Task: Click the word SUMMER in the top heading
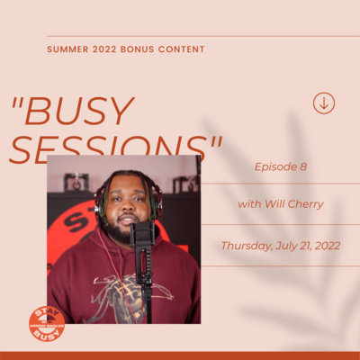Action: pyautogui.click(x=67, y=49)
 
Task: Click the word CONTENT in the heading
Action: pyautogui.click(x=184, y=49)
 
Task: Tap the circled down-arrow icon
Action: pyautogui.click(x=324, y=103)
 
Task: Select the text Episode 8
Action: pyautogui.click(x=280, y=167)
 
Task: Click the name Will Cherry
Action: pyautogui.click(x=293, y=204)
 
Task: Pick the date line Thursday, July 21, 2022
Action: pyautogui.click(x=281, y=245)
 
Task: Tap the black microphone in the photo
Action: pyautogui.click(x=141, y=235)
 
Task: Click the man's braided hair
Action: pyautogui.click(x=124, y=183)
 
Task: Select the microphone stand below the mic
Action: pyautogui.click(x=144, y=288)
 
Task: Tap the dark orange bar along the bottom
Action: pyautogui.click(x=180, y=355)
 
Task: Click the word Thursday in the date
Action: pyautogui.click(x=247, y=245)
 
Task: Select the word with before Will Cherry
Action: pyautogui.click(x=248, y=204)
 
